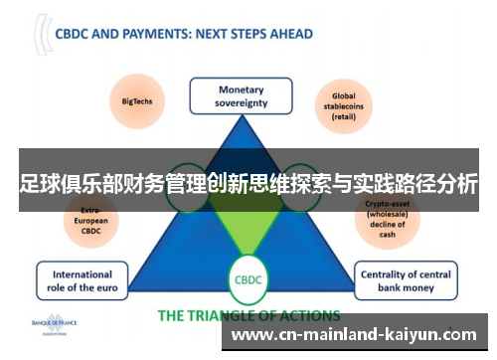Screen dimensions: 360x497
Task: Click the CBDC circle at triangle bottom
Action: click(x=247, y=281)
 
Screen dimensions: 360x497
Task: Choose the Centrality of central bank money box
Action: click(x=408, y=281)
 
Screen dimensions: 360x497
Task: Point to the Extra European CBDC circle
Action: click(x=91, y=223)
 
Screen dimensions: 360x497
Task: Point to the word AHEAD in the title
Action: click(x=289, y=34)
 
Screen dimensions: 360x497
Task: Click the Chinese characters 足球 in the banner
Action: click(x=38, y=184)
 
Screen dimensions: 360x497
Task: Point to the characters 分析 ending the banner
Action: click(x=457, y=184)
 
